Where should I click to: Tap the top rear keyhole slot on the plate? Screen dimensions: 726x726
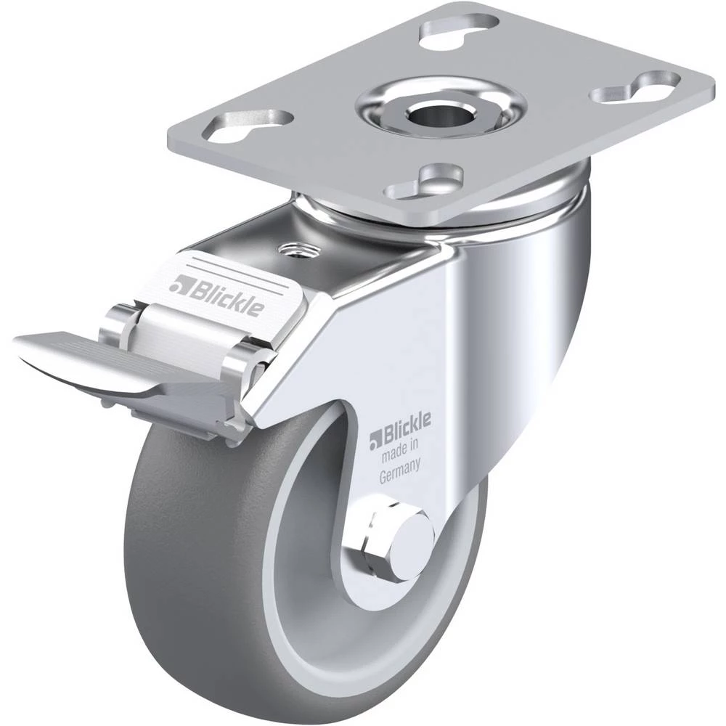pos(460,30)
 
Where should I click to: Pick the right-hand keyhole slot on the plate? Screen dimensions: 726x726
pos(636,86)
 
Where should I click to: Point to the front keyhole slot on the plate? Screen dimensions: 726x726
pos(425,181)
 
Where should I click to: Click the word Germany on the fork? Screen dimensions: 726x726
pos(399,470)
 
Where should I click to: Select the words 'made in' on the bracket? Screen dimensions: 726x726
pos(399,451)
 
